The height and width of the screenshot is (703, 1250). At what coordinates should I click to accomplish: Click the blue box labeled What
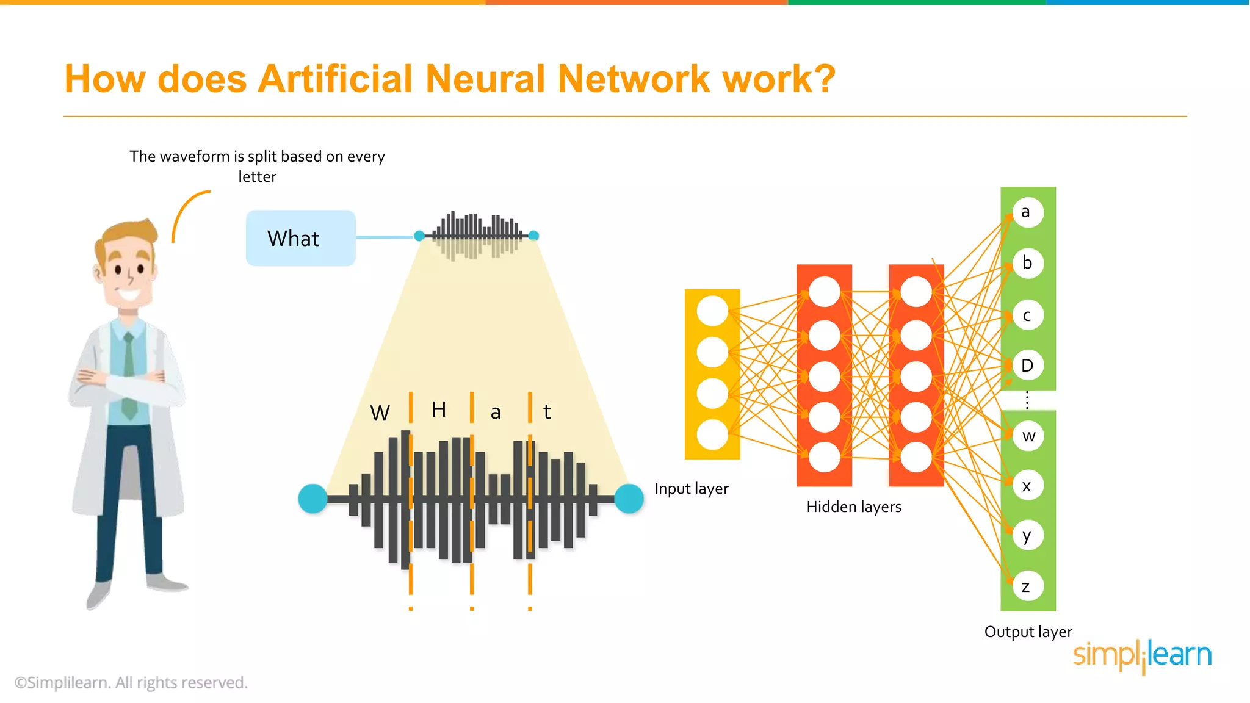click(300, 238)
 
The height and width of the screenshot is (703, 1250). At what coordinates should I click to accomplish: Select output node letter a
click(1028, 212)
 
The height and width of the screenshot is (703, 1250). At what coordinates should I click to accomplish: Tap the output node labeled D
click(1028, 366)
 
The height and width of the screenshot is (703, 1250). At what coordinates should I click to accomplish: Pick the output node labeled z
click(1028, 586)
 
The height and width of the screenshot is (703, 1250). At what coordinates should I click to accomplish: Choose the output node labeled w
click(1028, 436)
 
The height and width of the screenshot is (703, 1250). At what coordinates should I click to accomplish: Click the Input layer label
click(692, 489)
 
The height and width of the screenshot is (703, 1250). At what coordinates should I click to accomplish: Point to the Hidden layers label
click(853, 507)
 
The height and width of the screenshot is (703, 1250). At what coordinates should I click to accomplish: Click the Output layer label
click(1028, 632)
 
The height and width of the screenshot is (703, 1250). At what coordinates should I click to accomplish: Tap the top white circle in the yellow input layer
click(712, 311)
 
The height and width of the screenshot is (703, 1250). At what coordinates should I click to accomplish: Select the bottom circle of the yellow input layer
click(712, 435)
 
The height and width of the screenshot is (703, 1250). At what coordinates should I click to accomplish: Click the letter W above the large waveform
click(380, 413)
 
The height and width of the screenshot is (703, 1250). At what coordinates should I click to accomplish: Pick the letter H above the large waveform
click(438, 409)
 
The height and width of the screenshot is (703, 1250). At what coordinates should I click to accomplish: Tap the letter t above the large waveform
click(547, 412)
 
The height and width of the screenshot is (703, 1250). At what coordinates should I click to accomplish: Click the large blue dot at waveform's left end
click(312, 499)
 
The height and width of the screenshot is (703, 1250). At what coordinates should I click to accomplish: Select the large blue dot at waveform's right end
click(629, 499)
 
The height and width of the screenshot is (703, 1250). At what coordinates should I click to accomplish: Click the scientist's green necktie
click(129, 378)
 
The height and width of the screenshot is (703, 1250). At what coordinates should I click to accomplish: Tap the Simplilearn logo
click(1142, 655)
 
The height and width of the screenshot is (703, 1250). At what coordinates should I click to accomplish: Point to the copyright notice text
click(131, 682)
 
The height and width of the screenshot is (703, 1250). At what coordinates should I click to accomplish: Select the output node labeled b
click(1028, 263)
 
